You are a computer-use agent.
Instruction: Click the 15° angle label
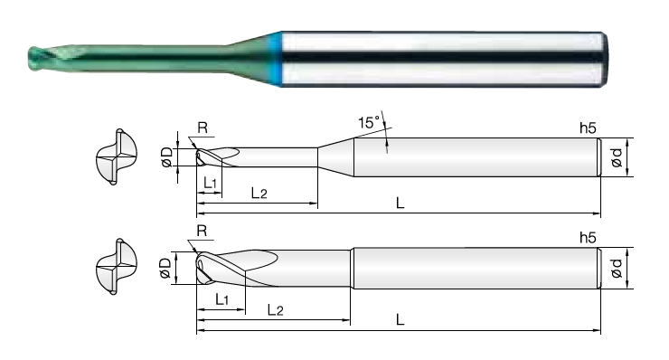click(x=369, y=122)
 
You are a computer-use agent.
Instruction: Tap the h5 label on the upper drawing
click(x=588, y=128)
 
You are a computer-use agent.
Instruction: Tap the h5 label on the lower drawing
click(x=588, y=238)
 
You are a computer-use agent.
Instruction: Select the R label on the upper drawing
click(x=203, y=128)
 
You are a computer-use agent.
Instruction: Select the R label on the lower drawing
click(x=202, y=231)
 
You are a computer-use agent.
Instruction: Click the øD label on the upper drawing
click(x=167, y=156)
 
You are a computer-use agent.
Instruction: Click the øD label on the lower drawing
click(x=165, y=268)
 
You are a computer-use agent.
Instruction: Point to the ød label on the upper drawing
click(x=617, y=157)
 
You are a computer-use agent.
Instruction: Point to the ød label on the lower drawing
click(x=617, y=268)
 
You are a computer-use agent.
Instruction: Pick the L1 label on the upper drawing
click(x=211, y=184)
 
